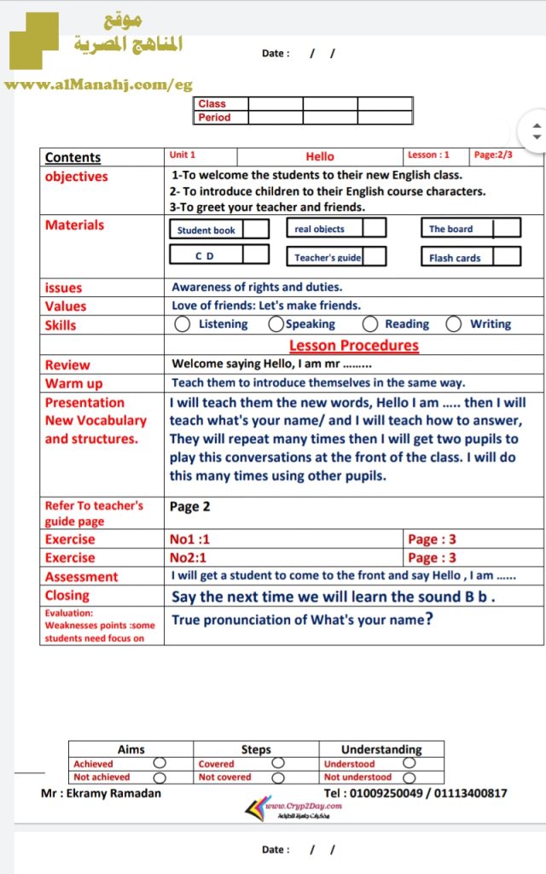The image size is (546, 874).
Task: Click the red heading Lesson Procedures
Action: [354, 346]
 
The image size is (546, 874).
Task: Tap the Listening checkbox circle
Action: [182, 324]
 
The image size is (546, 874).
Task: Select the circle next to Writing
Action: [454, 324]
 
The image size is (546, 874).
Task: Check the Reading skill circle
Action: [370, 324]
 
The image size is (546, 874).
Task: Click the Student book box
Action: [206, 230]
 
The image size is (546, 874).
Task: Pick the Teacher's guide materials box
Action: [328, 257]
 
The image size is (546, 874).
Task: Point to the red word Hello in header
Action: [320, 156]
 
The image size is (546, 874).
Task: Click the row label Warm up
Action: [73, 384]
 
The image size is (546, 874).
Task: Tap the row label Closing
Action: [67, 596]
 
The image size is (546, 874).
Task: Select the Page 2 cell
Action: [189, 507]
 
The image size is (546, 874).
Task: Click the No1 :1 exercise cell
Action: [189, 539]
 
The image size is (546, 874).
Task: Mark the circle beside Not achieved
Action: [160, 778]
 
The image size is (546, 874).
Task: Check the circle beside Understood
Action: [409, 763]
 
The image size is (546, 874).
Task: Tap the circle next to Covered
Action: [278, 763]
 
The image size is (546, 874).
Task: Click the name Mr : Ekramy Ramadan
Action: [101, 793]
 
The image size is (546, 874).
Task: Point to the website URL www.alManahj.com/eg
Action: [98, 84]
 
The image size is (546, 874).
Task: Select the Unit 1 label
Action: [183, 154]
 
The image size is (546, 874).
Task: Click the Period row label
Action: [214, 118]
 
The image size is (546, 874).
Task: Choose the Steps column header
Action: [256, 749]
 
